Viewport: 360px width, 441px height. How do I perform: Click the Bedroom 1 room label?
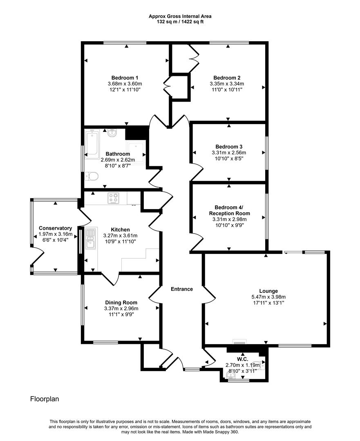[125, 78]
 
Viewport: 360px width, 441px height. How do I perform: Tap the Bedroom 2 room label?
[227, 78]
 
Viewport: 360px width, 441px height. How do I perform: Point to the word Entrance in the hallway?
[182, 289]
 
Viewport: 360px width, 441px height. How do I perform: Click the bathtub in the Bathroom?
[92, 143]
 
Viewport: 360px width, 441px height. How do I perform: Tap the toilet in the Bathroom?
[92, 176]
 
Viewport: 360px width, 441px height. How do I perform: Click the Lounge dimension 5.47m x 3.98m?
[266, 297]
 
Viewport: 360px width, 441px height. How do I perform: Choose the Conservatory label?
[56, 228]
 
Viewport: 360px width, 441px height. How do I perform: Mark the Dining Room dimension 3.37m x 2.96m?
[121, 308]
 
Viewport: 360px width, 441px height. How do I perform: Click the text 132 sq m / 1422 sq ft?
[180, 22]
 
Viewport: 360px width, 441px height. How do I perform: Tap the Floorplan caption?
[45, 399]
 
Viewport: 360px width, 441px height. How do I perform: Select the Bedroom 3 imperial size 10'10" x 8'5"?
[232, 158]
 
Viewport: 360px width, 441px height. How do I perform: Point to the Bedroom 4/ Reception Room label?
[229, 210]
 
